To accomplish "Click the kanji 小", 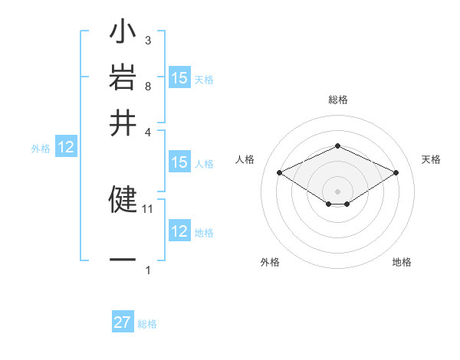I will pyautogui.click(x=123, y=34).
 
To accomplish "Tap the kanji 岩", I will pyautogui.click(x=123, y=78).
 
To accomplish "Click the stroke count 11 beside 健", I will pyautogui.click(x=148, y=208).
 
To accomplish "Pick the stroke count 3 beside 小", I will pyautogui.click(x=147, y=40).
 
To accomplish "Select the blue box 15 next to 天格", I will pyautogui.click(x=179, y=78).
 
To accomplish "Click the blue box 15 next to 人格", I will pyautogui.click(x=179, y=162).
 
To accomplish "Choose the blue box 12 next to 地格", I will pyautogui.click(x=179, y=231).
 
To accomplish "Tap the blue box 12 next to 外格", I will pyautogui.click(x=66, y=148).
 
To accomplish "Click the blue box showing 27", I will pyautogui.click(x=123, y=322).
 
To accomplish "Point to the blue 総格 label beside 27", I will pyautogui.click(x=147, y=324).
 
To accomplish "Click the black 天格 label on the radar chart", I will pyautogui.click(x=431, y=159).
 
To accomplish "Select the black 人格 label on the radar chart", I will pyautogui.click(x=245, y=159).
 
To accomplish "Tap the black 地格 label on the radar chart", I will pyautogui.click(x=402, y=262).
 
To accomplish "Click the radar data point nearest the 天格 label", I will pyautogui.click(x=396, y=173).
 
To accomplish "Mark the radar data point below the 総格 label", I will pyautogui.click(x=337, y=146).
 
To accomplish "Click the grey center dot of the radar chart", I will pyautogui.click(x=337, y=190).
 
